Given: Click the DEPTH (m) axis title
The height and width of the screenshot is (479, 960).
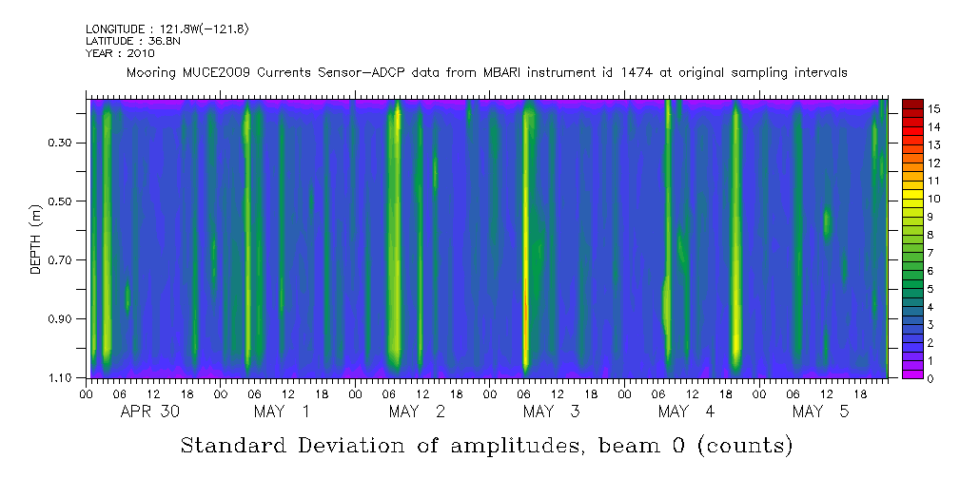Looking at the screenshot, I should click(x=35, y=239).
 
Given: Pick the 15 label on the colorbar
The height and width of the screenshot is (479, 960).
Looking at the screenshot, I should click(x=934, y=108).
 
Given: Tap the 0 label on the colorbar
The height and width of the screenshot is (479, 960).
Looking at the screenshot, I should click(x=931, y=378).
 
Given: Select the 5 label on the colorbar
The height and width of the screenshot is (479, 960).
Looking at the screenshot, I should click(x=931, y=288).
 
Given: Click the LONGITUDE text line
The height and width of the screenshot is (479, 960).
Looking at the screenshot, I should click(x=167, y=29).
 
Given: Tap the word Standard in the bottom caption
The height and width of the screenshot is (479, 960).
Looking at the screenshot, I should click(x=238, y=446).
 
